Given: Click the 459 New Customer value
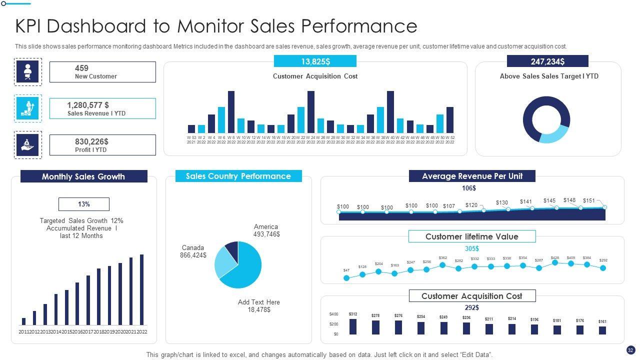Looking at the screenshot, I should tap(81, 68).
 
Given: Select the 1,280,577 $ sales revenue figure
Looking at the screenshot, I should tap(88, 105).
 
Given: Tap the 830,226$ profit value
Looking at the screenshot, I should tap(91, 141).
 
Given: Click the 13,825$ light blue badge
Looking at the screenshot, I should tap(315, 61).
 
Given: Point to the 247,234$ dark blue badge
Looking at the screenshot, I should tap(547, 61).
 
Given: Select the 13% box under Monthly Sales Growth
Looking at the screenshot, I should tap(83, 204).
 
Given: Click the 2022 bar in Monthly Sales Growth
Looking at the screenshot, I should tap(141, 290).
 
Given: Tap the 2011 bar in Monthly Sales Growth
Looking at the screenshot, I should tap(23, 321).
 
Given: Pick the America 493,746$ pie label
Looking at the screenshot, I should tap(266, 230).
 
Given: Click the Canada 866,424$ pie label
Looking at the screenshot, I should tap(193, 251).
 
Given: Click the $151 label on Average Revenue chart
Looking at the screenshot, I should tap(589, 201).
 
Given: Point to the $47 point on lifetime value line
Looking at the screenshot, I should tap(346, 278).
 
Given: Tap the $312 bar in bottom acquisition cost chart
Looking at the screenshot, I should tap(353, 326).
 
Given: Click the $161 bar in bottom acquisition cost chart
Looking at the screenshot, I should tap(602, 330).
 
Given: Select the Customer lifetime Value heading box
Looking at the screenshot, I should tap(471, 236).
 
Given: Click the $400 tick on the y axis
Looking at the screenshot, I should tap(333, 314).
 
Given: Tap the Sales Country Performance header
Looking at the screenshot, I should tap(238, 176).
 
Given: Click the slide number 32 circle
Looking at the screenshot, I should tap(630, 350).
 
